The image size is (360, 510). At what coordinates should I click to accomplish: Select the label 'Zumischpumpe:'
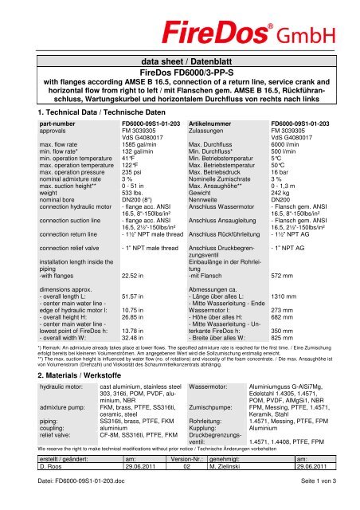[211, 405]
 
